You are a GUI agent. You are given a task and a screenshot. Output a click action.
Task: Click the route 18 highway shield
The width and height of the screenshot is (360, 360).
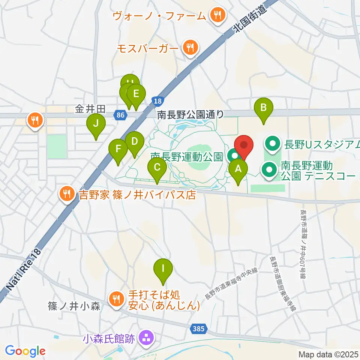158,101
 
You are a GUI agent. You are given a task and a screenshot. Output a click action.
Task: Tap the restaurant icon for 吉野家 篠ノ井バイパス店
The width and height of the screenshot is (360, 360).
67,194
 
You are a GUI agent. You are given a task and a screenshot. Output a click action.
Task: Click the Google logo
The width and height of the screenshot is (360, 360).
25,351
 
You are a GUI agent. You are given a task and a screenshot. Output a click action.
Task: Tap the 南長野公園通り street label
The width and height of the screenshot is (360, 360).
190,114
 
